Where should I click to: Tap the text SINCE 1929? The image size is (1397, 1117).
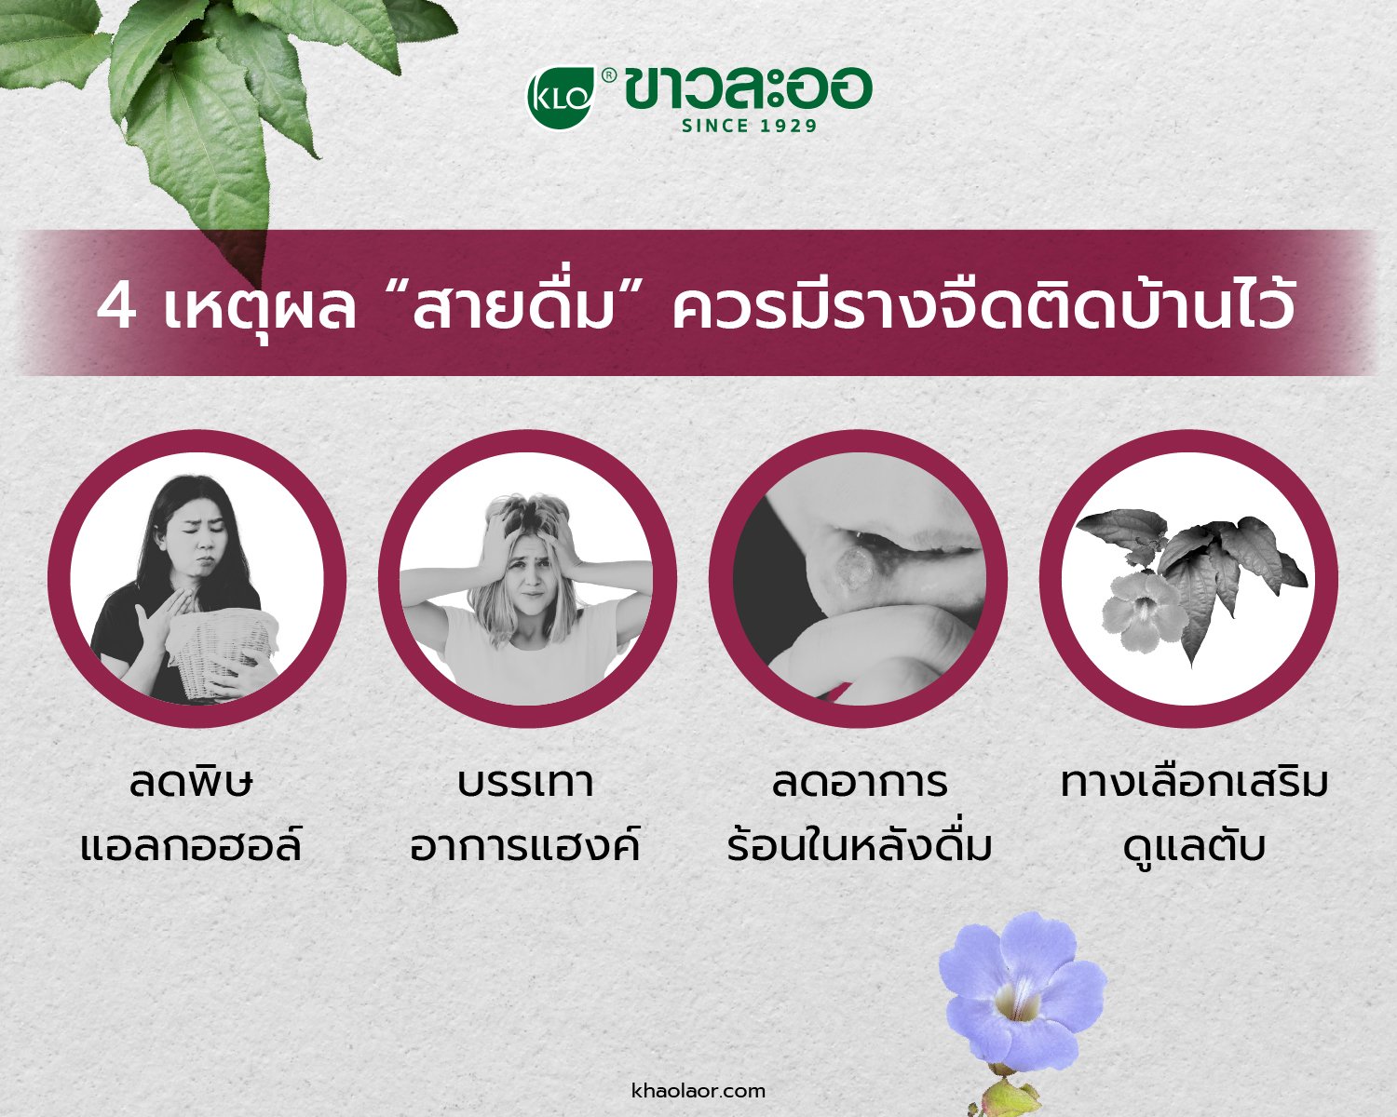tap(749, 126)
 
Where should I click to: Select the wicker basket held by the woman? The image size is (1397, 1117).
tap(222, 654)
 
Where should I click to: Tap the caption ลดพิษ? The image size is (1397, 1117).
tap(191, 783)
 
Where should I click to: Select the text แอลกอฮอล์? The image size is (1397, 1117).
tap(191, 846)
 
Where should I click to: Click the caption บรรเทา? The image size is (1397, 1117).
tap(526, 784)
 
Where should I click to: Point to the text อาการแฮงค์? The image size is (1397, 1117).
tap(526, 846)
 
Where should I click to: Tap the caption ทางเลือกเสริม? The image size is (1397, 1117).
tap(1195, 783)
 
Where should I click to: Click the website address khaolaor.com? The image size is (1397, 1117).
tap(698, 1090)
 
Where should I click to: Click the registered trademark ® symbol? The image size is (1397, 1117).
tap(608, 76)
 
